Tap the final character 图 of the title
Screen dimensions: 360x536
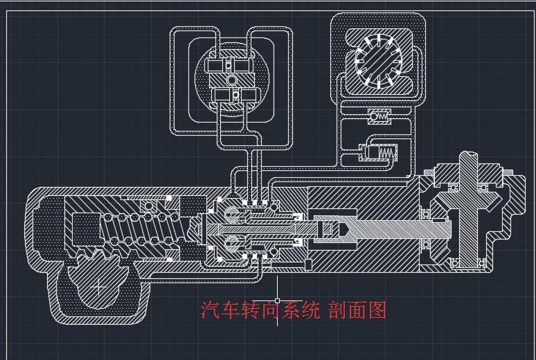[378, 310]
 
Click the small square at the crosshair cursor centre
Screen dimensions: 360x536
[278, 300]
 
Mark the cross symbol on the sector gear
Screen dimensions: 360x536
[100, 285]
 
